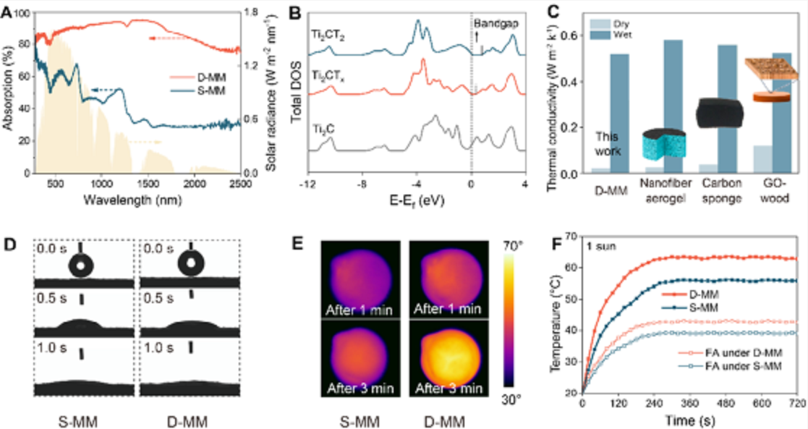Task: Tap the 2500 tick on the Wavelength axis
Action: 239,182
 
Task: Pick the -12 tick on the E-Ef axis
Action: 308,182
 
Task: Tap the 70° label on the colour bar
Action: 519,247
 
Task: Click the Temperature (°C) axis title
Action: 556,317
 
